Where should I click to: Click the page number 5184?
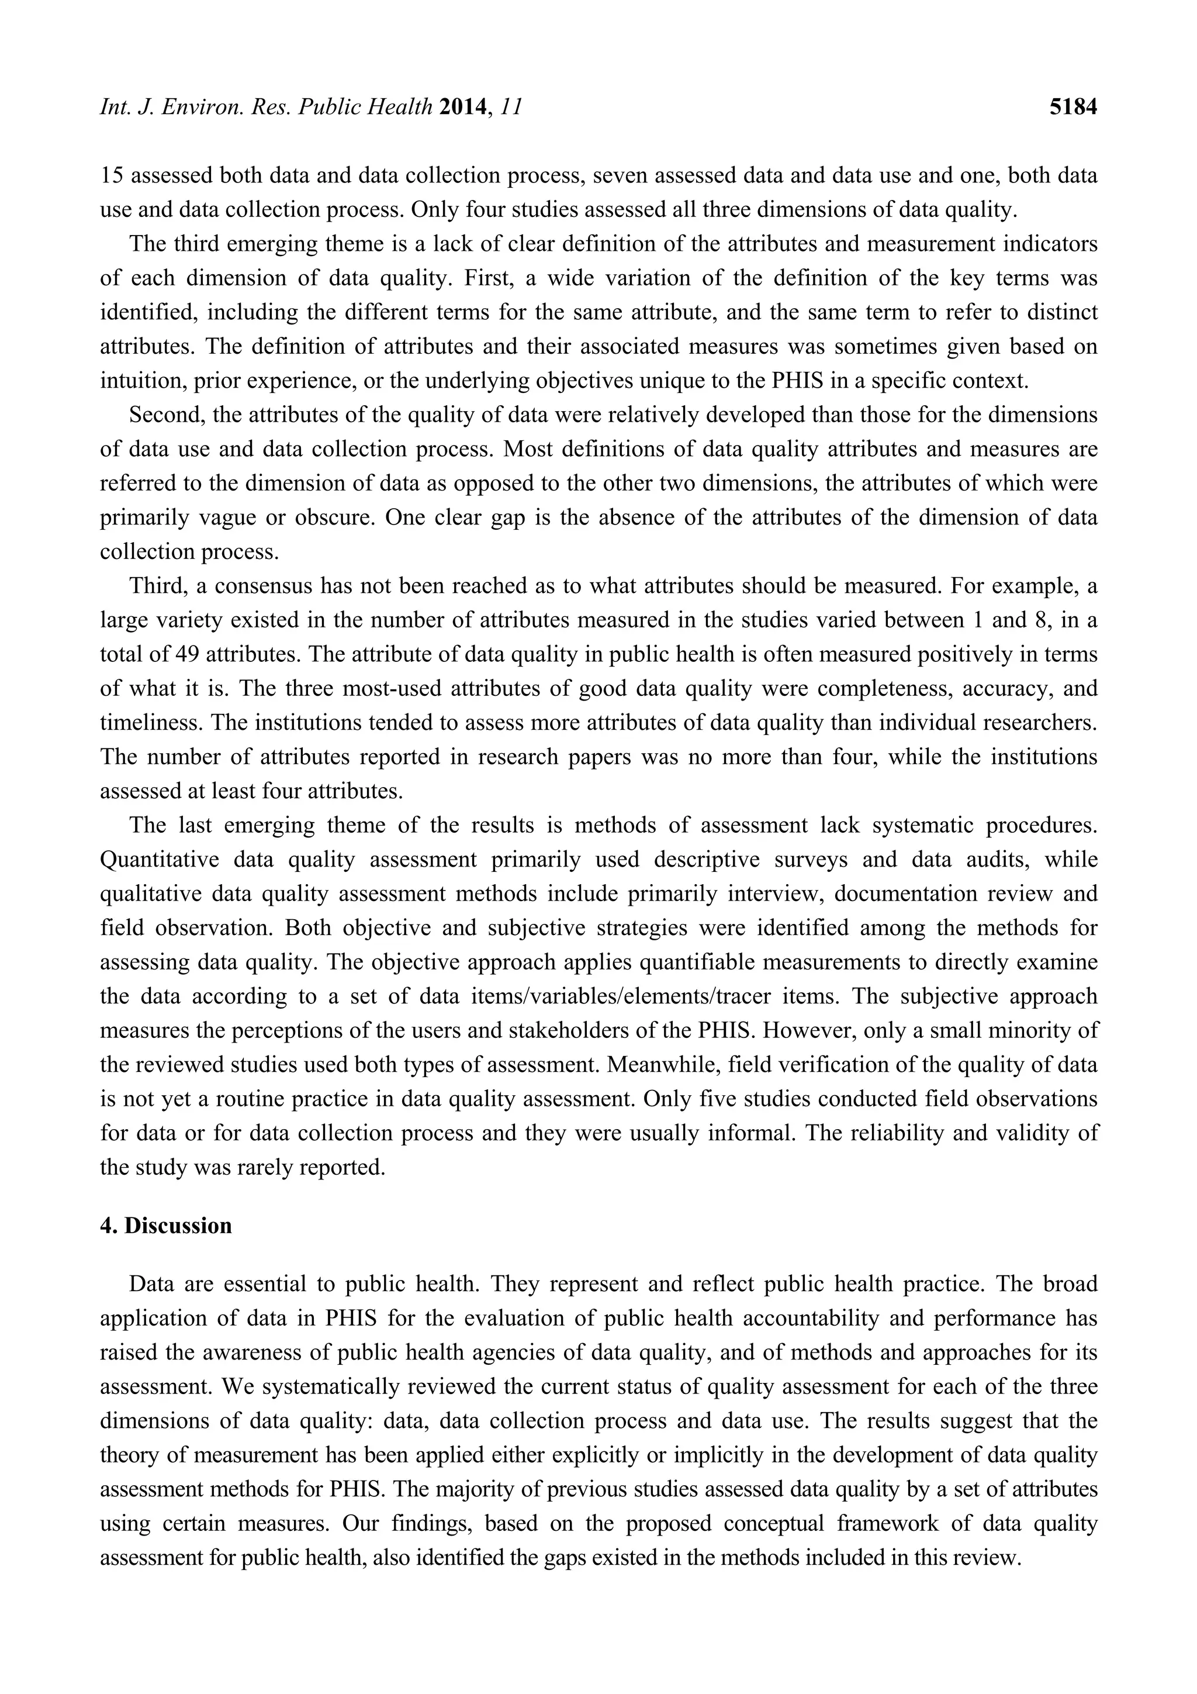point(1073,108)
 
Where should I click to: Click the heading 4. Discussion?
point(166,1226)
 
